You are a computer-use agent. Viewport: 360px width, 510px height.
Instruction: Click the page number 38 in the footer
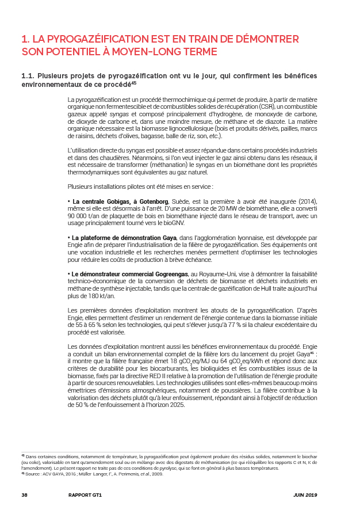[x=24, y=495]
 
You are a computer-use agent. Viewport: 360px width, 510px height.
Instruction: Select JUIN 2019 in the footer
[x=305, y=495]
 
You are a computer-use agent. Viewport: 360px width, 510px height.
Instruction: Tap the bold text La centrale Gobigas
[x=103, y=201]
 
